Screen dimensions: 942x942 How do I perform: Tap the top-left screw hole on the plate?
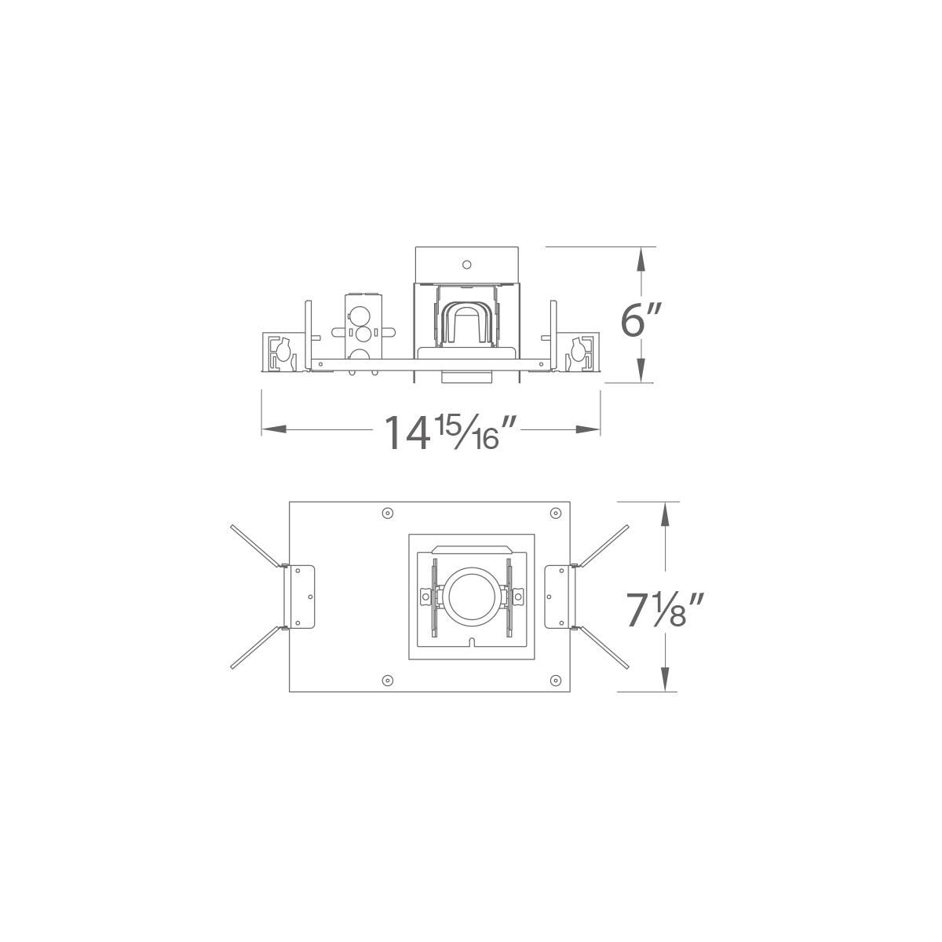click(x=386, y=513)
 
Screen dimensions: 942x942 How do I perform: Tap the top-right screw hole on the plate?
click(x=555, y=513)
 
